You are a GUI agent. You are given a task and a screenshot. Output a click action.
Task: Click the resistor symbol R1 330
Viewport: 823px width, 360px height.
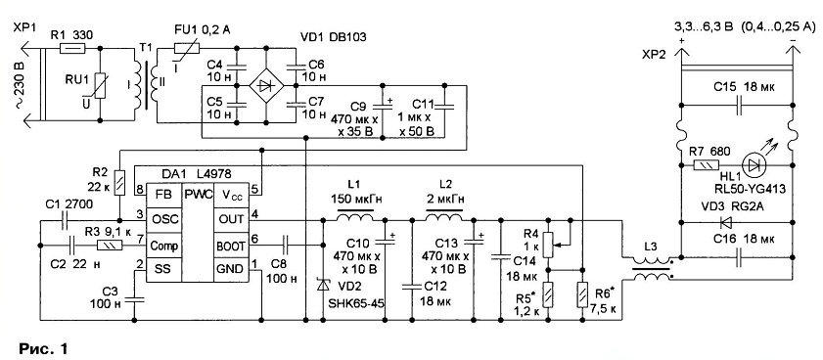70,48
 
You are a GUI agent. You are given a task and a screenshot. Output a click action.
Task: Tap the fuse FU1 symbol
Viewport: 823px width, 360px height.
187,48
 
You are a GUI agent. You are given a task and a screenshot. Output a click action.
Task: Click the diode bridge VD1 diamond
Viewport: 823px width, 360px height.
265,85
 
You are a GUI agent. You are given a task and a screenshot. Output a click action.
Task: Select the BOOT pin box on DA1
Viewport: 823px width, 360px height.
229,246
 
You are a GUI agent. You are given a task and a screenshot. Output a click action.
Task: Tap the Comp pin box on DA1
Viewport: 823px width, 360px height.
163,246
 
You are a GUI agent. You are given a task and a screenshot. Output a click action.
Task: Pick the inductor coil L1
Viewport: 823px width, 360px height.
355,216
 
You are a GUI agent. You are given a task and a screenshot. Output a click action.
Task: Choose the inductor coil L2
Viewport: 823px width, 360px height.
444,216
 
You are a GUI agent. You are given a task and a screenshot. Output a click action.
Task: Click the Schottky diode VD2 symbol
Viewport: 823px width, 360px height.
323,286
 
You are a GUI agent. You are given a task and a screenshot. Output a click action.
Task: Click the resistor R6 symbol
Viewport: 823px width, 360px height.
582,294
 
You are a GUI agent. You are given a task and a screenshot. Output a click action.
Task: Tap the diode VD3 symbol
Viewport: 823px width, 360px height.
726,223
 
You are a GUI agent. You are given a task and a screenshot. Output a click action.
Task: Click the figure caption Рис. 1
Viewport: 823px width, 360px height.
44,348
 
